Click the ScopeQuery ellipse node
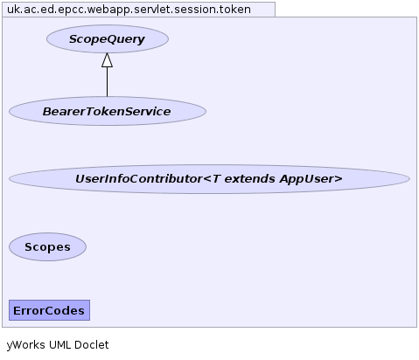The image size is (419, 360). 108,39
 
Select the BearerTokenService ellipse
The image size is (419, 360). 108,111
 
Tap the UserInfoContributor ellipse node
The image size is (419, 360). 209,179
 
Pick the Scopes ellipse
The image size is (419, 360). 47,247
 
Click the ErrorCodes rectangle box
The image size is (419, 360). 49,310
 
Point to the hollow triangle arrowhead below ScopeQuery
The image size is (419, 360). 107,60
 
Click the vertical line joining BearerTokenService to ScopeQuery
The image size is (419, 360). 107,82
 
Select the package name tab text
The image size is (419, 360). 129,10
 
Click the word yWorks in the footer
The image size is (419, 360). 26,345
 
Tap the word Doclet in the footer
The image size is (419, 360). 91,345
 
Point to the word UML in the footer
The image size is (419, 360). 59,345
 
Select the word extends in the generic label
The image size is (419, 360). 249,179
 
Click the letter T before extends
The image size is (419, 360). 216,179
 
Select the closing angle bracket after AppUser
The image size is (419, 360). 339,179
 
